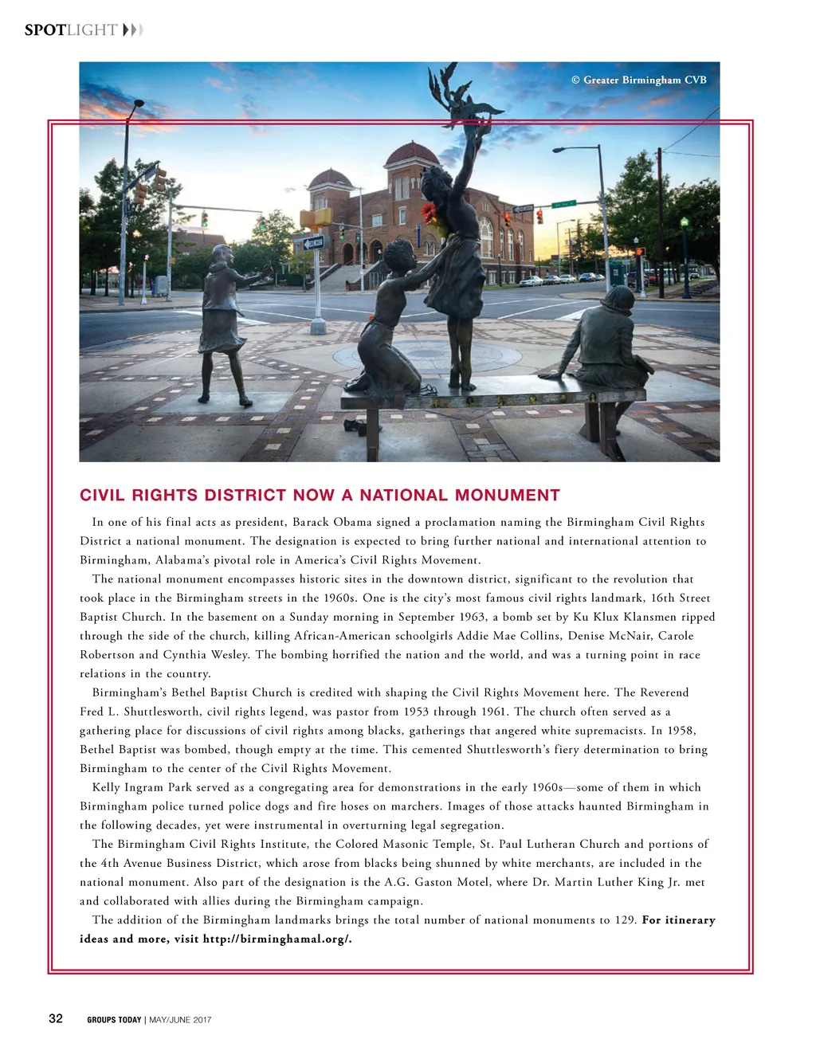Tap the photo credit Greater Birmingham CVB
point(638,80)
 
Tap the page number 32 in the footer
point(56,1018)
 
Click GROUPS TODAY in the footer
point(114,1020)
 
